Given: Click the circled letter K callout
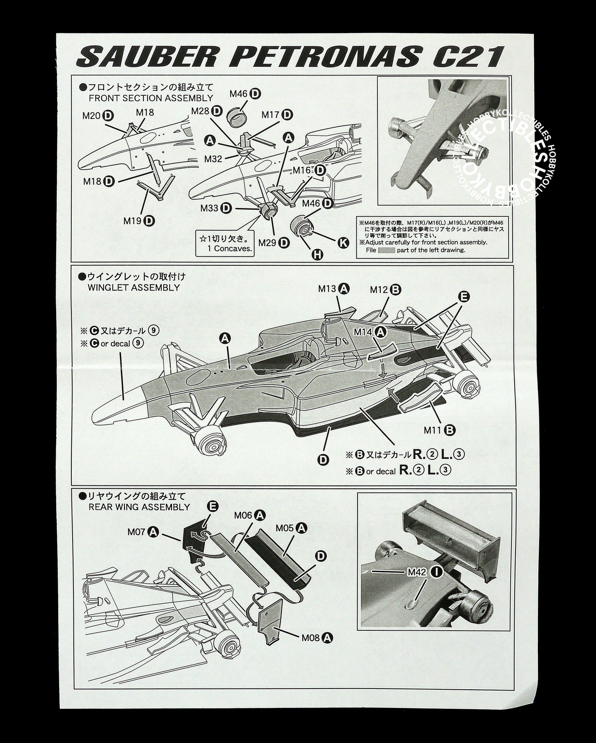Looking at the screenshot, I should click(343, 243).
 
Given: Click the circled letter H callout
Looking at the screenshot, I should click(317, 255).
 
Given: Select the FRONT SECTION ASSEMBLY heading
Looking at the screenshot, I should click(151, 98).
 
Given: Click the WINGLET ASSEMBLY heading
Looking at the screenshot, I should click(134, 287).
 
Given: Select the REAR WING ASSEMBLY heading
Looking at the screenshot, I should click(139, 506).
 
